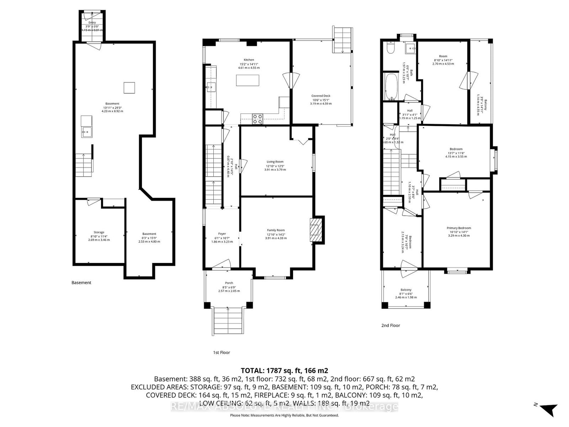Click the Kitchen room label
click(249, 60)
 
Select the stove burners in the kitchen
click(257, 118)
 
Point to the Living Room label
click(275, 162)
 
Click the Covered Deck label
click(321, 96)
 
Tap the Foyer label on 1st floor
click(222, 234)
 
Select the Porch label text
click(229, 283)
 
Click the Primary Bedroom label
click(459, 228)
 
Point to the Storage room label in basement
click(99, 232)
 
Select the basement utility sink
click(87, 131)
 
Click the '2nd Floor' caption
click(390, 325)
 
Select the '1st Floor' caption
click(221, 353)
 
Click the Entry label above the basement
click(92, 22)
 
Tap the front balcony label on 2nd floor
click(406, 290)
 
